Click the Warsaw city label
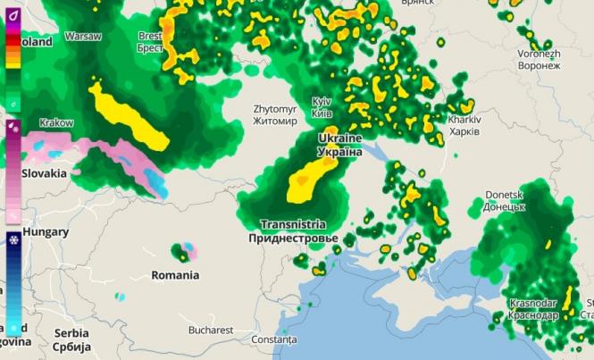pos(83,37)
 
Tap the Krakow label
pos(56,122)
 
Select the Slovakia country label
pos(45,173)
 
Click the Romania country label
pos(175,275)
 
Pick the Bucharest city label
pos(210,330)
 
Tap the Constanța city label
pos(273,339)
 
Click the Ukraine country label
pos(340,146)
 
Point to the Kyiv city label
pos(322,107)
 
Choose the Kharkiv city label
pos(464,125)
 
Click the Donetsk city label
pos(503,199)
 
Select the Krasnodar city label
pos(533,308)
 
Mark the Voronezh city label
pos(539,59)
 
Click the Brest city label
pos(150,41)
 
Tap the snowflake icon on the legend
pos(13,240)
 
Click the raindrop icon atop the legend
pos(13,15)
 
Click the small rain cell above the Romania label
pos(185,251)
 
